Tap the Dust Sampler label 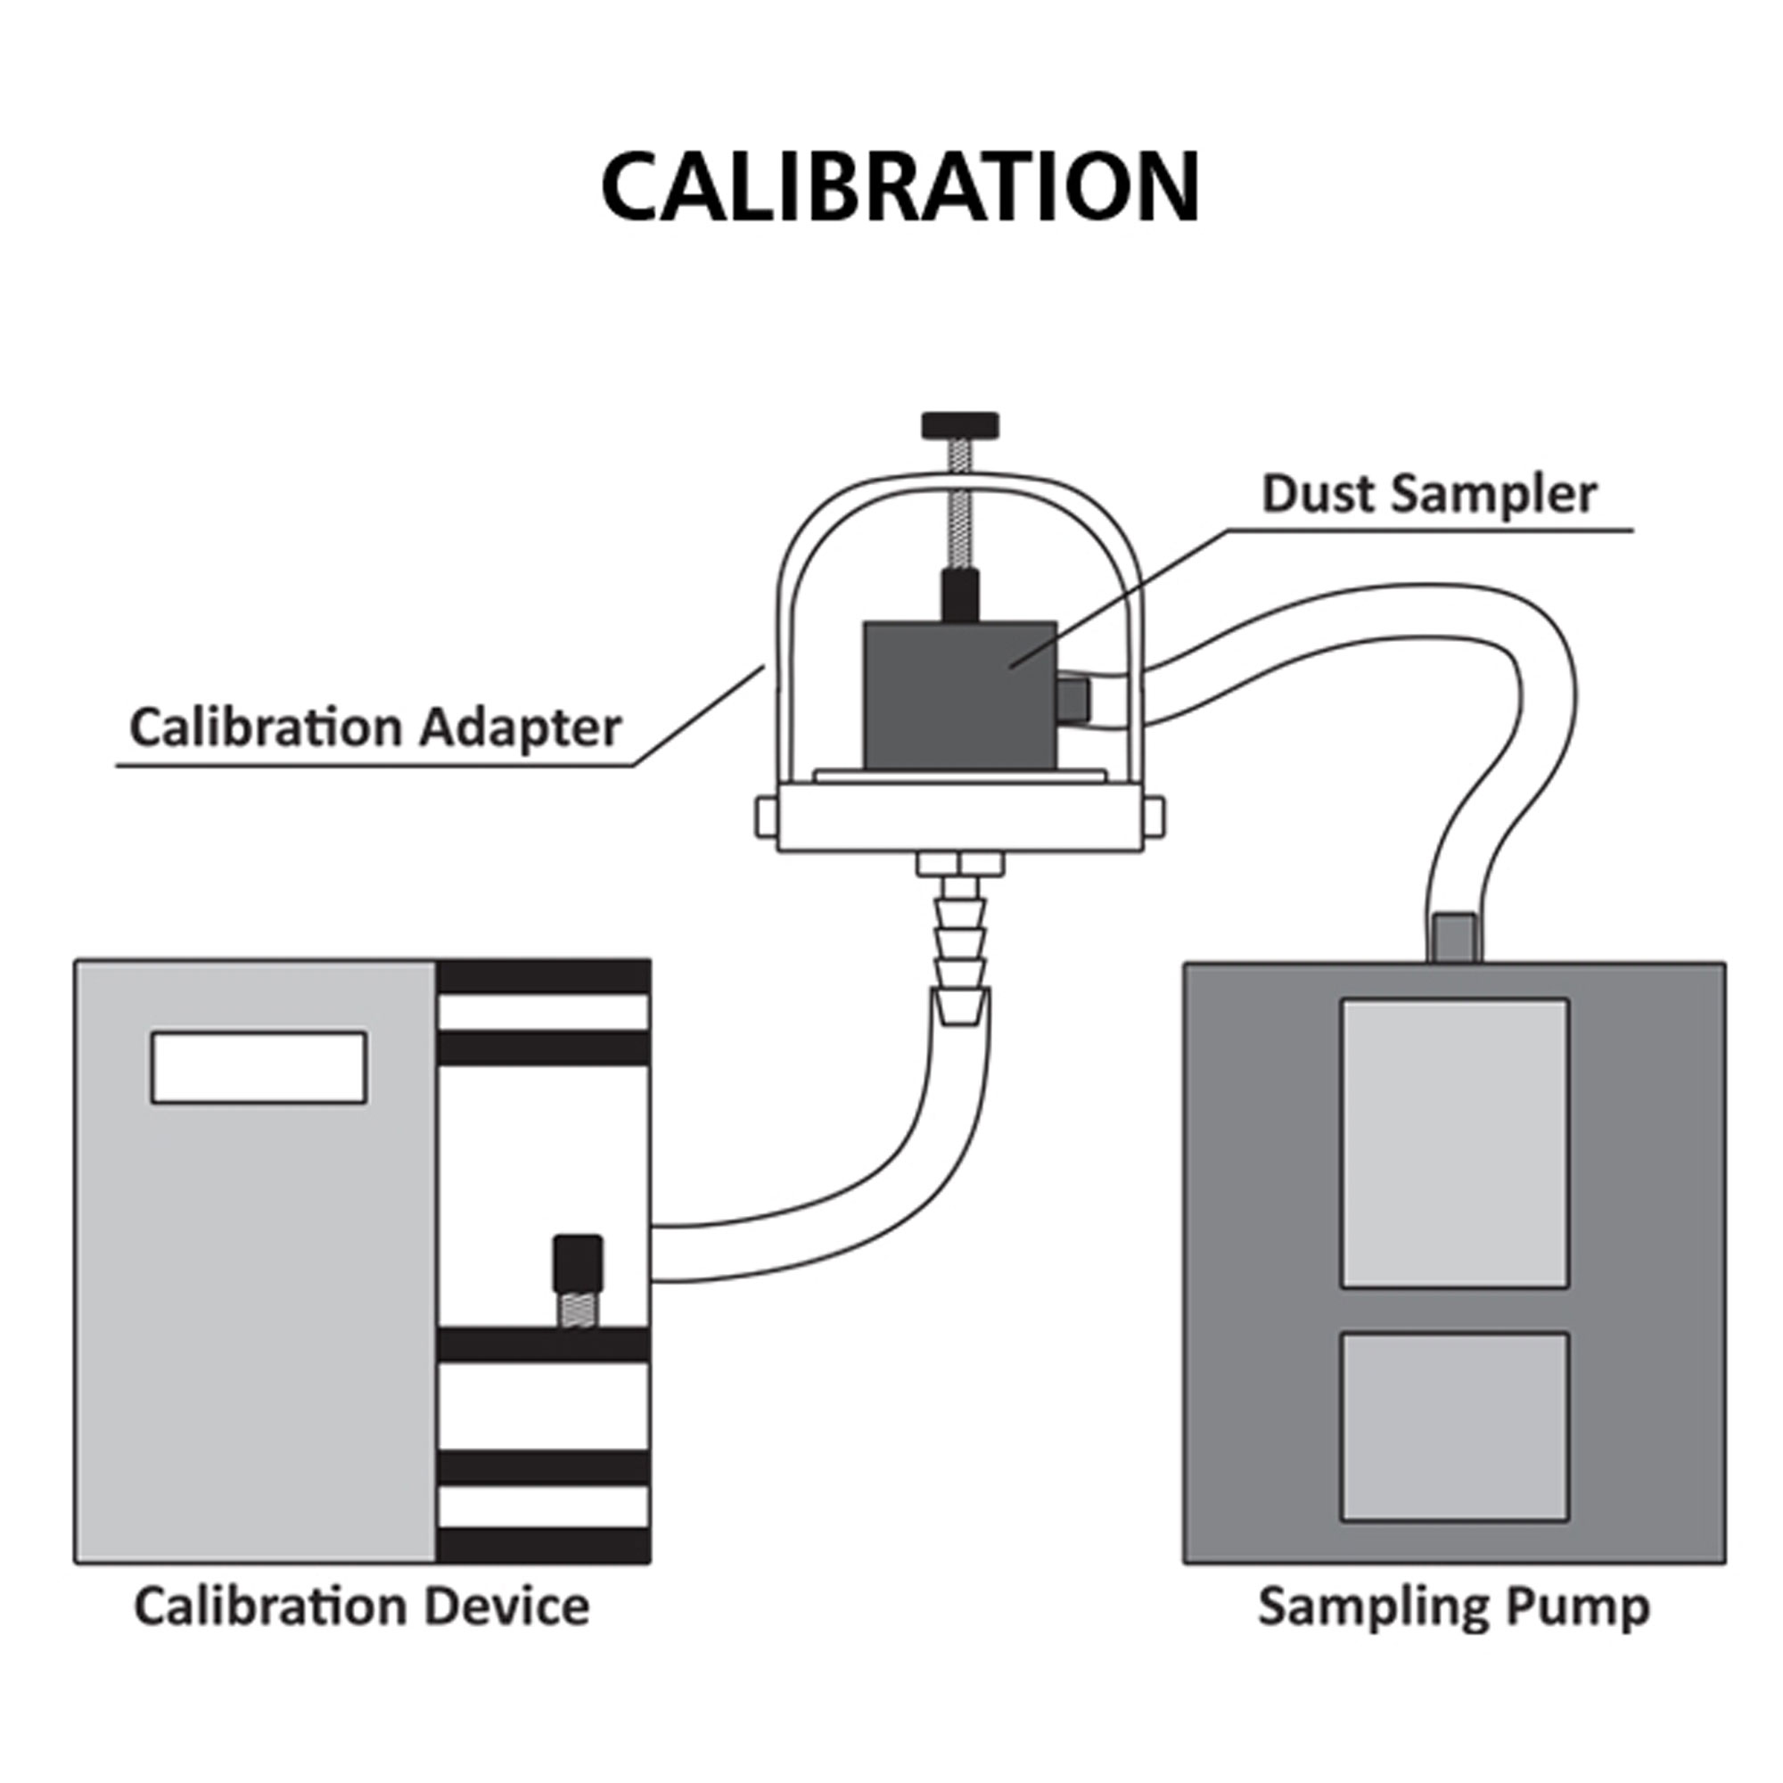pyautogui.click(x=1428, y=495)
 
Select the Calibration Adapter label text pyautogui.click(x=374, y=728)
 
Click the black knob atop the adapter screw pyautogui.click(x=960, y=425)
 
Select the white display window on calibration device pyautogui.click(x=259, y=1067)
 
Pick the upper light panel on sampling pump pyautogui.click(x=1454, y=1144)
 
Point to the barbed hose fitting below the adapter pyautogui.click(x=961, y=933)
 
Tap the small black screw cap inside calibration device pyautogui.click(x=578, y=1263)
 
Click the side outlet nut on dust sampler pyautogui.click(x=1072, y=701)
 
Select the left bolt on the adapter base pyautogui.click(x=766, y=818)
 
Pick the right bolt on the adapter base pyautogui.click(x=1154, y=818)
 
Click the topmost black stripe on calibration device pyautogui.click(x=544, y=977)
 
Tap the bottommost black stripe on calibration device pyautogui.click(x=544, y=1546)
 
